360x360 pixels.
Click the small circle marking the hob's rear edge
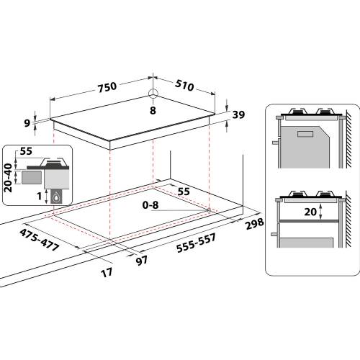(153, 94)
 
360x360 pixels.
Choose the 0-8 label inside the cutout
(149, 205)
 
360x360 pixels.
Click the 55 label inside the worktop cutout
(183, 192)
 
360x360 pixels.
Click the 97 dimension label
(143, 259)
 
